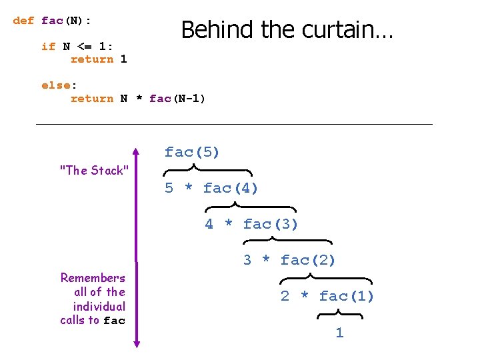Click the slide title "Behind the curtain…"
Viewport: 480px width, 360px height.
[287, 30]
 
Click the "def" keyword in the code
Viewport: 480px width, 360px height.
[23, 21]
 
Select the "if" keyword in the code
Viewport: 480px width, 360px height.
[48, 46]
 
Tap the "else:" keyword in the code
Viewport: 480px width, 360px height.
[59, 85]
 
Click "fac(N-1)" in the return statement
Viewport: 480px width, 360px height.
[177, 99]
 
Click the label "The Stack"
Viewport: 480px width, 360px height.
[94, 171]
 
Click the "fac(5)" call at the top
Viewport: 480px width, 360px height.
[192, 152]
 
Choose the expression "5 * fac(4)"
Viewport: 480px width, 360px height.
[211, 188]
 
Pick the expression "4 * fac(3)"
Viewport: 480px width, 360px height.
[251, 224]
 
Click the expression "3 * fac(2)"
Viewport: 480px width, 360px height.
[289, 260]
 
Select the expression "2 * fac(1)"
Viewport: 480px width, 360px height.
[327, 296]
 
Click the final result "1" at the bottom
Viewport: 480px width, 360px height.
[339, 333]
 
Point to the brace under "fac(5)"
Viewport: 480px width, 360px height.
[207, 171]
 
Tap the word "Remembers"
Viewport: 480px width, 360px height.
[93, 278]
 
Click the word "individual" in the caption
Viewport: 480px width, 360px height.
[99, 307]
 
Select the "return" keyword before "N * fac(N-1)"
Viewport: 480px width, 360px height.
[92, 99]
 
